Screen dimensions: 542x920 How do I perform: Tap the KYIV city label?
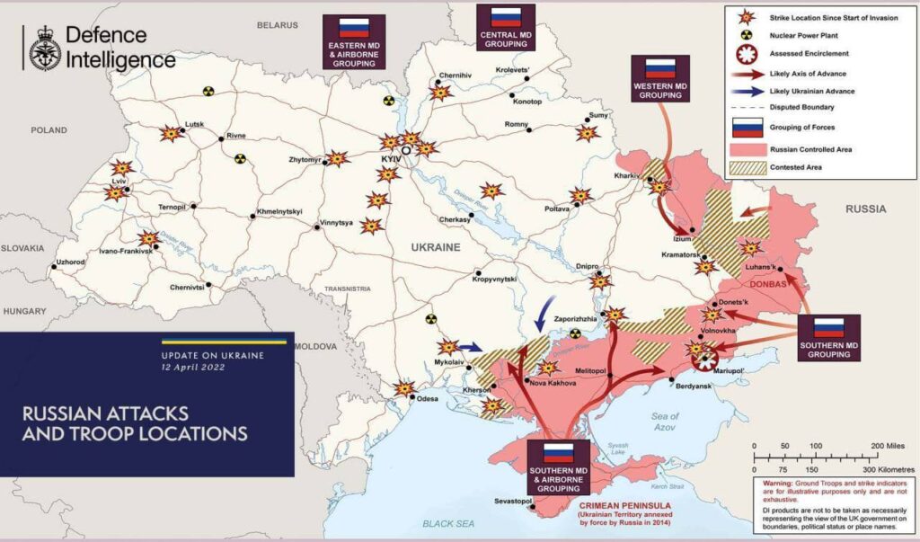[x=390, y=158]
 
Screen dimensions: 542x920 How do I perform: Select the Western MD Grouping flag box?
[x=660, y=76]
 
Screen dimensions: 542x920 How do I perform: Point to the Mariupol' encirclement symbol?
[x=706, y=360]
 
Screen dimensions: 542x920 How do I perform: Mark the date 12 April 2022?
[x=193, y=369]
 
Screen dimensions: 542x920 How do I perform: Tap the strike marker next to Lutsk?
[x=169, y=134]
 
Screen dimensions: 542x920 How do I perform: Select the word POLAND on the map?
[x=49, y=130]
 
